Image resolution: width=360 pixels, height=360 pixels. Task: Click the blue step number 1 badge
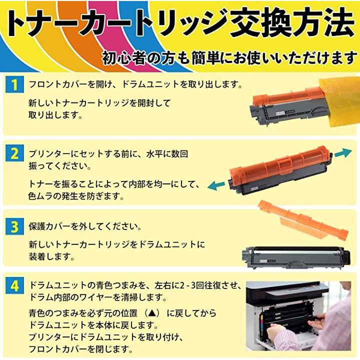click(x=14, y=84)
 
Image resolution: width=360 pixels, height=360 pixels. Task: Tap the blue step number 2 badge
click(x=14, y=153)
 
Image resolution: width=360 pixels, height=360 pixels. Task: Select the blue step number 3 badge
click(x=14, y=226)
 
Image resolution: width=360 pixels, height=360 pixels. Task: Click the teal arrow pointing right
click(x=343, y=152)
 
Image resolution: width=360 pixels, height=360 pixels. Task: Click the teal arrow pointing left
click(x=216, y=185)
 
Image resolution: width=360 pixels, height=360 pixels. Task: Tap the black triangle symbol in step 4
click(x=153, y=313)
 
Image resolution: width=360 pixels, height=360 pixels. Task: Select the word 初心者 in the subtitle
click(x=124, y=57)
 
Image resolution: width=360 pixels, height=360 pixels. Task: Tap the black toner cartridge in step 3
click(x=295, y=257)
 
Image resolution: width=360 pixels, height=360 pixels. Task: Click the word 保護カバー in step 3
click(x=50, y=226)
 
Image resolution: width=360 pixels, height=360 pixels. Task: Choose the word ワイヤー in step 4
click(x=96, y=297)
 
